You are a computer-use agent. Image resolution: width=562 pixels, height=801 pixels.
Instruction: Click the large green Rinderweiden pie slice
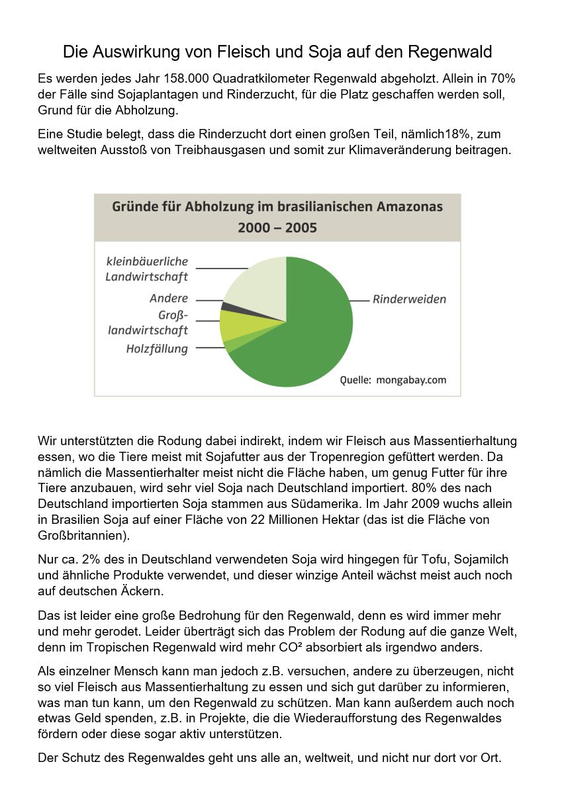[311, 331]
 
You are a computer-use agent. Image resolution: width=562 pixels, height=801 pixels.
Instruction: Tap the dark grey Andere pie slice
[226, 306]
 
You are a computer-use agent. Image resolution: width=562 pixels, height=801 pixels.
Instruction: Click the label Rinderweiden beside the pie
[409, 300]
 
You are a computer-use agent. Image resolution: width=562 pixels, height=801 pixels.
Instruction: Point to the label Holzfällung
[157, 349]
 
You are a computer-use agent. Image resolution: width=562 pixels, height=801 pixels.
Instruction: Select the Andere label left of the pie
[169, 299]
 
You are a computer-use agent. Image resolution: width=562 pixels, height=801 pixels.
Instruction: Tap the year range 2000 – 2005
[277, 228]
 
